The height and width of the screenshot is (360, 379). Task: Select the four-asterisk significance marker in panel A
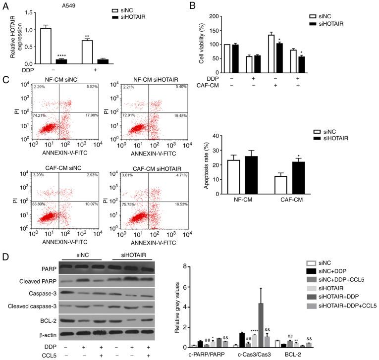(75, 55)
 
